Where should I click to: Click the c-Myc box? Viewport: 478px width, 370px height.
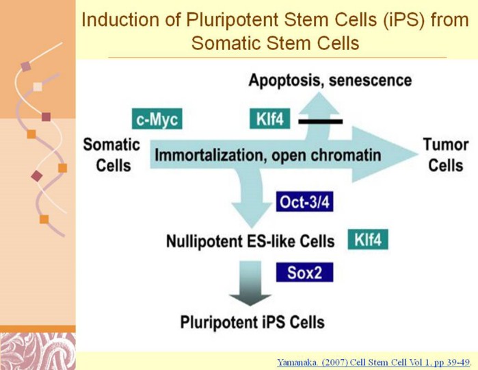[x=157, y=120]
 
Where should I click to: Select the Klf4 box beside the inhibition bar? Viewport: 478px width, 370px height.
[x=270, y=120]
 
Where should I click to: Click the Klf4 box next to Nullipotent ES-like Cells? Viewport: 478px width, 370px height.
[x=371, y=240]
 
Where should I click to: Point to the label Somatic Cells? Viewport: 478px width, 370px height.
[x=111, y=155]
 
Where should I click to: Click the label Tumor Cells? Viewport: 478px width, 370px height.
[x=445, y=155]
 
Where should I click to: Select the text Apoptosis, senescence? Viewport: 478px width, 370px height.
[x=330, y=80]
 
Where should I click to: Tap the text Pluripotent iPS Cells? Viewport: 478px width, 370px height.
[x=252, y=322]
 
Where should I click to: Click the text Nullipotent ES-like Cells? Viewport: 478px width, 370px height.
[x=250, y=241]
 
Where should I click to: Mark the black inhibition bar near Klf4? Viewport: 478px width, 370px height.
[x=321, y=121]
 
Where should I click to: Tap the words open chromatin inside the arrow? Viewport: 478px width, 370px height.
[x=326, y=155]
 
